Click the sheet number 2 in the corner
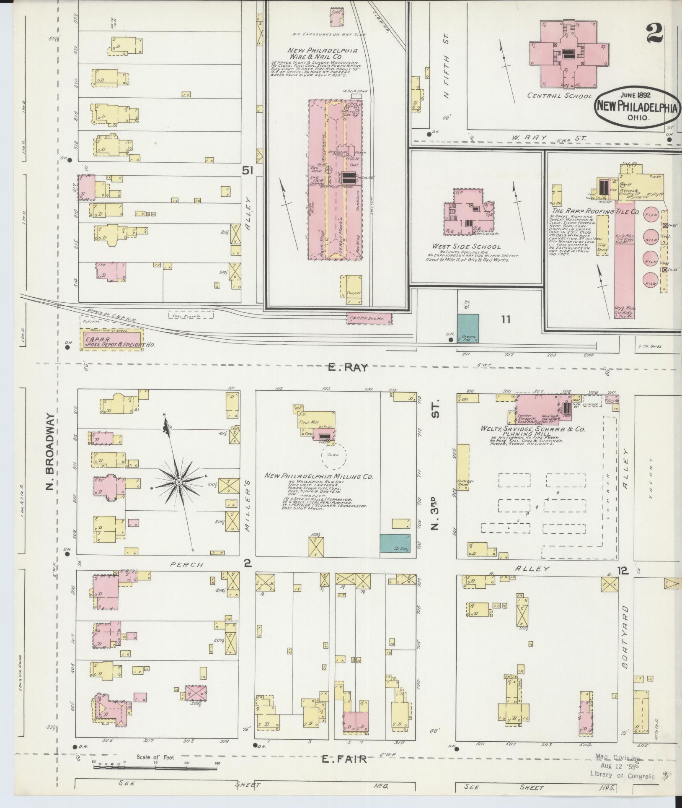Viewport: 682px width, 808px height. (655, 34)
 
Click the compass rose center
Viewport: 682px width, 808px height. (178, 482)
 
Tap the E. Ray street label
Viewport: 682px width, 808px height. (348, 368)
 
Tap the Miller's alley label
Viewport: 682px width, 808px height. (247, 504)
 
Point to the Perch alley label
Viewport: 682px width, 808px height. (186, 565)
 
